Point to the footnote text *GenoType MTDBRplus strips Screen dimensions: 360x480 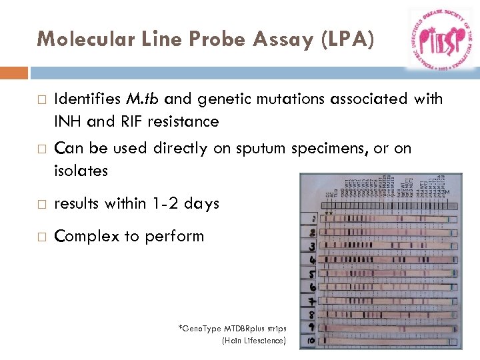tap(232, 329)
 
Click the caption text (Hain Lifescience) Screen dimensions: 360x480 tap(253, 341)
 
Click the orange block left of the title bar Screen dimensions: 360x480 tap(14, 73)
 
